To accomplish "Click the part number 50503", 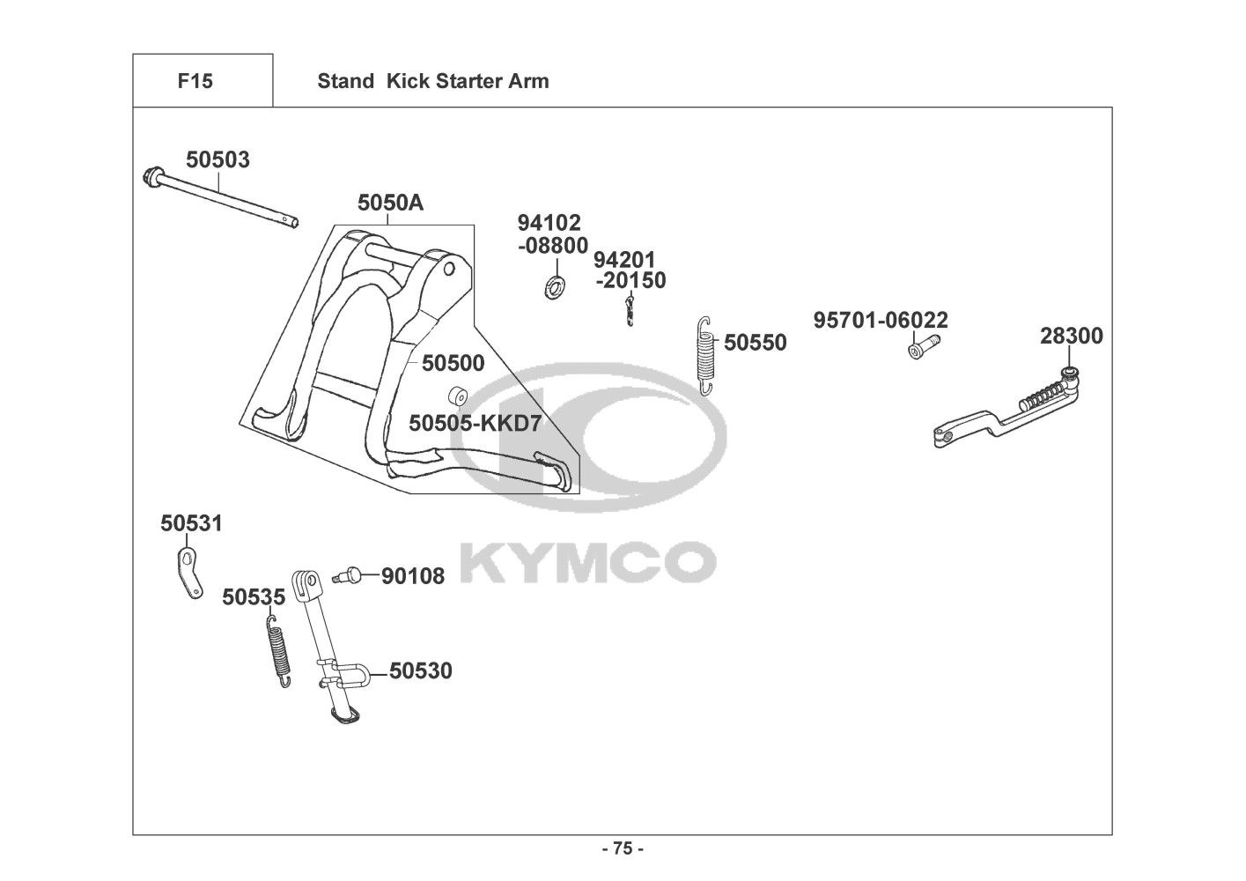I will point(217,160).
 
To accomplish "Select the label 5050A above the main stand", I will point(390,204).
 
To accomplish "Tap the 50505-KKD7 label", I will point(475,424).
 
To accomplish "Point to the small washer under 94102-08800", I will point(556,285).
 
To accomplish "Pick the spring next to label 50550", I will point(704,354).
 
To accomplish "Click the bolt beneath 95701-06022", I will point(918,349).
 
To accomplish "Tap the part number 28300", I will point(1071,337).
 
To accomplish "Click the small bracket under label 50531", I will point(188,572).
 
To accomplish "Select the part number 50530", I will point(421,671).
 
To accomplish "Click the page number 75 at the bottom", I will point(622,849).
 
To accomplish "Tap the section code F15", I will point(195,81).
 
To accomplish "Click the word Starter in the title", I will point(464,81).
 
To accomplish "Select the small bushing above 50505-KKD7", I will point(457,395).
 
